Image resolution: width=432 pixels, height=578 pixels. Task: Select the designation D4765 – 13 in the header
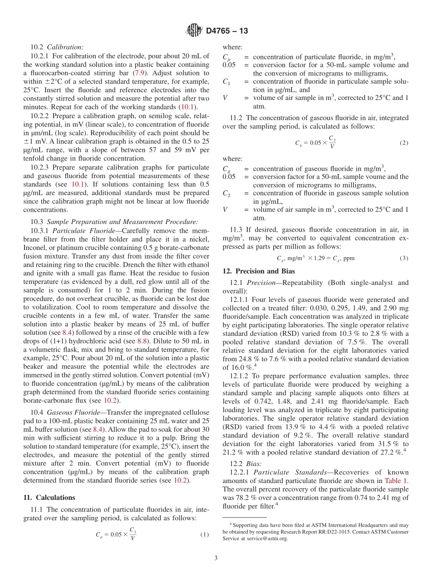227,31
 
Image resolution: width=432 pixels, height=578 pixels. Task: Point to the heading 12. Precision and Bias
258,271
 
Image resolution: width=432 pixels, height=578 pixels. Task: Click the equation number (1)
204,534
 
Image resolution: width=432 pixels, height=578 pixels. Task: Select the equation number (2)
404,143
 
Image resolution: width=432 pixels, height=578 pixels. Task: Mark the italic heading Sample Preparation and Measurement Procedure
122,222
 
